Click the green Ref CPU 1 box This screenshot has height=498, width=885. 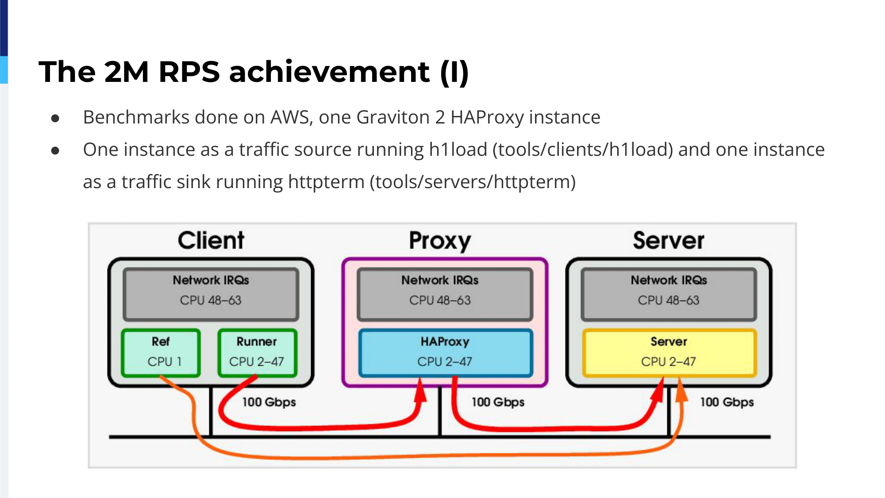pyautogui.click(x=161, y=353)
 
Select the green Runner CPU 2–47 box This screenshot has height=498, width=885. pyautogui.click(x=257, y=353)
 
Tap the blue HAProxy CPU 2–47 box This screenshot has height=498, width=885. pyautogui.click(x=445, y=353)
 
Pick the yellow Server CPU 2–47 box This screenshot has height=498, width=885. pyautogui.click(x=669, y=353)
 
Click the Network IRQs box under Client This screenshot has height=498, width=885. pyautogui.click(x=211, y=294)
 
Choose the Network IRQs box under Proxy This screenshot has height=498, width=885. pyautogui.click(x=445, y=294)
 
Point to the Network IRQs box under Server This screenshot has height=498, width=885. pyautogui.click(x=669, y=294)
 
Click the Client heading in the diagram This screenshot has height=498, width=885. pyautogui.click(x=211, y=240)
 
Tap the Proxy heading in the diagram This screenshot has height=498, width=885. pyautogui.click(x=440, y=241)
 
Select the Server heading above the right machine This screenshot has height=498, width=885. pyautogui.click(x=669, y=240)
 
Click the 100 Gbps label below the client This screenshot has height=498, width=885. pyautogui.click(x=269, y=402)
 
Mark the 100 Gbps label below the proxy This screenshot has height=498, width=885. pyautogui.click(x=498, y=402)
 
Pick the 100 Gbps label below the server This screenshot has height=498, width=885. pyautogui.click(x=727, y=402)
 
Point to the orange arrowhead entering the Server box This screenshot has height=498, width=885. pyautogui.click(x=681, y=390)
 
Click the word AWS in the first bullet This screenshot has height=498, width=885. pyautogui.click(x=292, y=117)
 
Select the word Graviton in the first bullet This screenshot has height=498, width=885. pyautogui.click(x=393, y=117)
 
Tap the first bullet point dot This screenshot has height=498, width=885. pyautogui.click(x=55, y=118)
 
